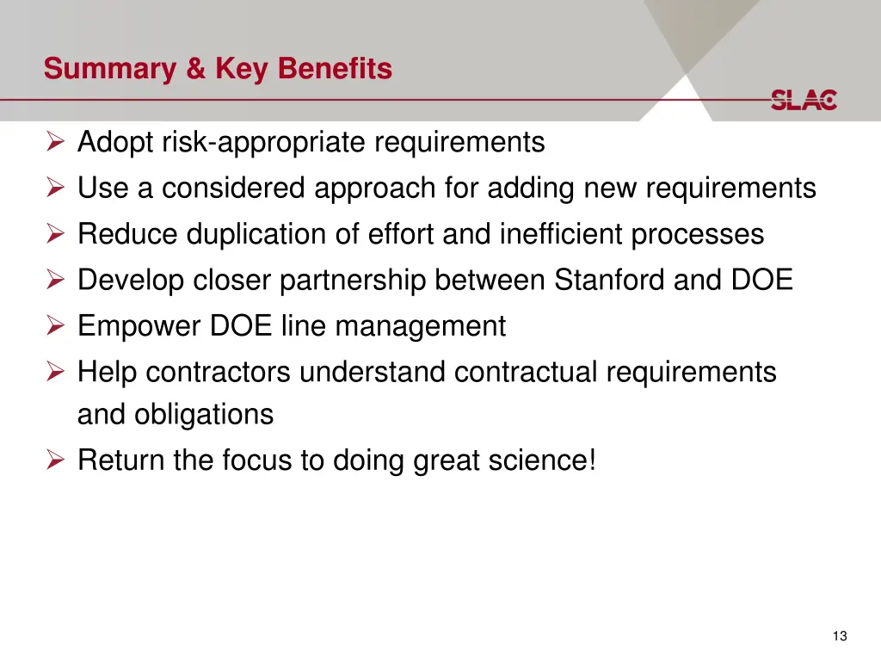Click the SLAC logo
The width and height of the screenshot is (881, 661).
[803, 100]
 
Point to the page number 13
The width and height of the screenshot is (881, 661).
[840, 636]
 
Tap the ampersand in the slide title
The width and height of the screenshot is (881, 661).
[197, 69]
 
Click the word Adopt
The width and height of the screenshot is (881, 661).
[113, 142]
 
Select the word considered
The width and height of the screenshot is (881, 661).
[233, 188]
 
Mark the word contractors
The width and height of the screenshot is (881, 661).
[219, 373]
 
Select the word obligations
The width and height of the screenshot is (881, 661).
[203, 415]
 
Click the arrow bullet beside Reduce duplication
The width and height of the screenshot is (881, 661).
[56, 234]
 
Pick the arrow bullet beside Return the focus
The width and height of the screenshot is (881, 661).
[56, 460]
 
